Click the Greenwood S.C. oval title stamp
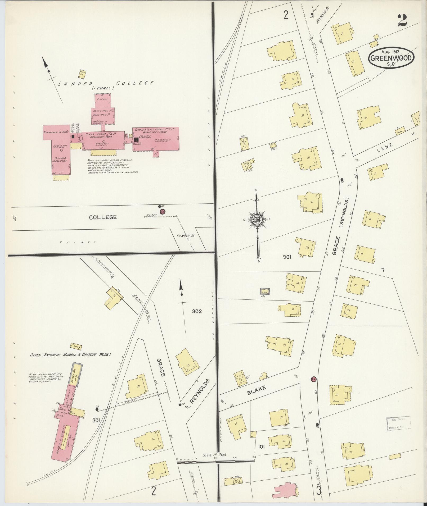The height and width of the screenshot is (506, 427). point(391,57)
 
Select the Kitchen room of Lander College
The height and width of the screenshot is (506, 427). point(102,99)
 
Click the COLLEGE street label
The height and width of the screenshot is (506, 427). point(103,217)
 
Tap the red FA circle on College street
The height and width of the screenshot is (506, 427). point(163,212)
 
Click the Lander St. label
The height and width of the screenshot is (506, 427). point(185,236)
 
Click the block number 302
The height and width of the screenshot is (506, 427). point(197,311)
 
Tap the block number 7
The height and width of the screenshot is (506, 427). point(383,270)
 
